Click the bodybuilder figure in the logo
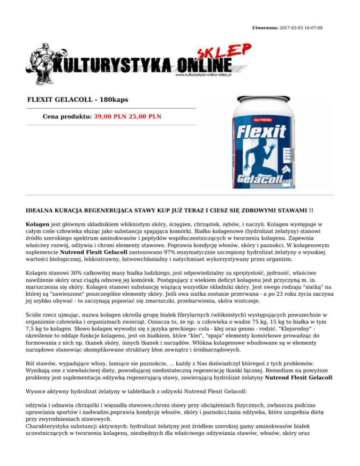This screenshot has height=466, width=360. pyautogui.click(x=42, y=60)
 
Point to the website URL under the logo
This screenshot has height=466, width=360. pyautogui.click(x=204, y=75)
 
